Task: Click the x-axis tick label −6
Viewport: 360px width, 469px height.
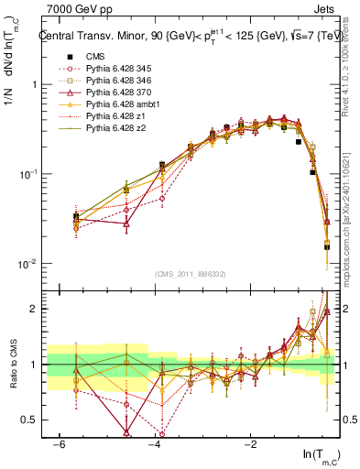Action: [58, 443]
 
